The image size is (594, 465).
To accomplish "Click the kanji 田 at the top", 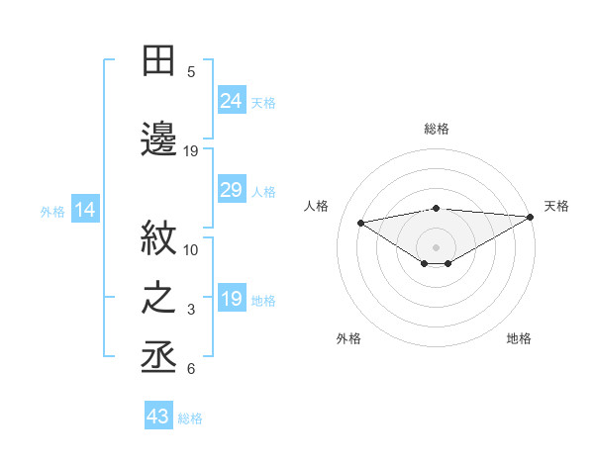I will [159, 61].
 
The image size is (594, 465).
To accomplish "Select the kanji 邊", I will [159, 139].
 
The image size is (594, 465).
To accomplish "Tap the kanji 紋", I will [159, 238].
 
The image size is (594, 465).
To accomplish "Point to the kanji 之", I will [159, 299].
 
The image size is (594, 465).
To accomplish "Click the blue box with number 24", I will [232, 100].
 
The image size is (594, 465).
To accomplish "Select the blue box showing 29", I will [232, 190].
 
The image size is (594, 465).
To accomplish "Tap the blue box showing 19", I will [232, 299].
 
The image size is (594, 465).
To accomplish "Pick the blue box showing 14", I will [85, 210].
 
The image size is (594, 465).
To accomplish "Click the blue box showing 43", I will [158, 417].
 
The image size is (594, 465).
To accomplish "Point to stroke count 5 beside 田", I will [191, 71].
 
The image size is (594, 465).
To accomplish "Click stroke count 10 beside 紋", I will [191, 249].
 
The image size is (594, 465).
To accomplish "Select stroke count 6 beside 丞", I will [191, 369].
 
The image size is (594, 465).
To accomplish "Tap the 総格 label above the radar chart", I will [437, 129].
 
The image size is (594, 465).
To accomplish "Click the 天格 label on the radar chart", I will [556, 206].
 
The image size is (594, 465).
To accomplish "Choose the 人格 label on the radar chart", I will [317, 206].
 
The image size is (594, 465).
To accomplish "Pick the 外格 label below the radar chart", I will [348, 338].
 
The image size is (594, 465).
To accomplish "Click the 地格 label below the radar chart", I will [519, 338].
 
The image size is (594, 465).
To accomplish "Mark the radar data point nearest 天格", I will [532, 216].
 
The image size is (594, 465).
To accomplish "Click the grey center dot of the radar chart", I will [436, 245].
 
